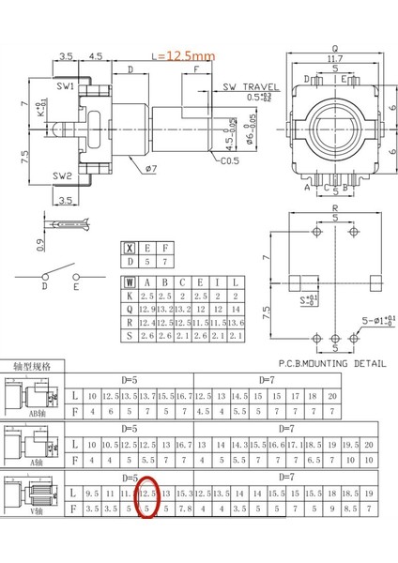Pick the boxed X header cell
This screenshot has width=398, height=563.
tap(129, 249)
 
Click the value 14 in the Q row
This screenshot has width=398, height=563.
tap(235, 308)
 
